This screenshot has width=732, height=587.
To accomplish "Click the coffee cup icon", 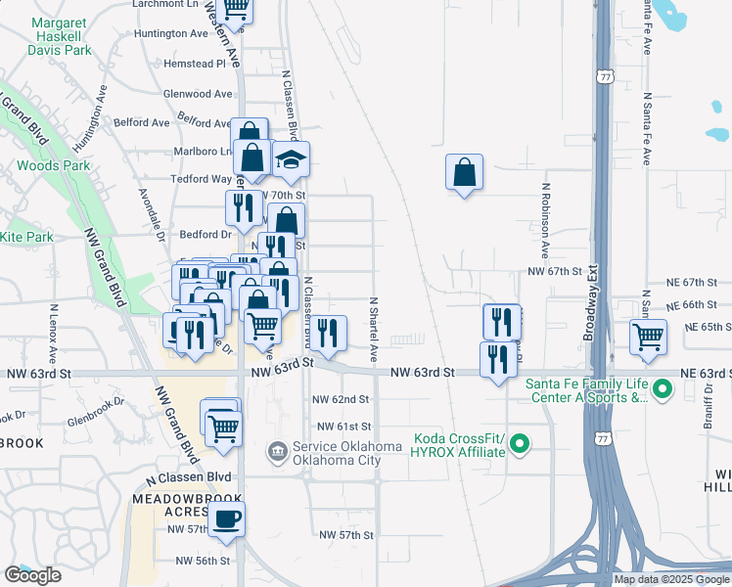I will click(x=227, y=519).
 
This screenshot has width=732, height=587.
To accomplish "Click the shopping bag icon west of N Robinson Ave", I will click(x=465, y=173).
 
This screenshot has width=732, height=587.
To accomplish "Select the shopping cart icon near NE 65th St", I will click(x=648, y=338).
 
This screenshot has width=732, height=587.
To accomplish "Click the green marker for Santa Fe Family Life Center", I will click(x=663, y=390).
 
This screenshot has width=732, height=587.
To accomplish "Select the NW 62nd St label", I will click(x=341, y=399).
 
